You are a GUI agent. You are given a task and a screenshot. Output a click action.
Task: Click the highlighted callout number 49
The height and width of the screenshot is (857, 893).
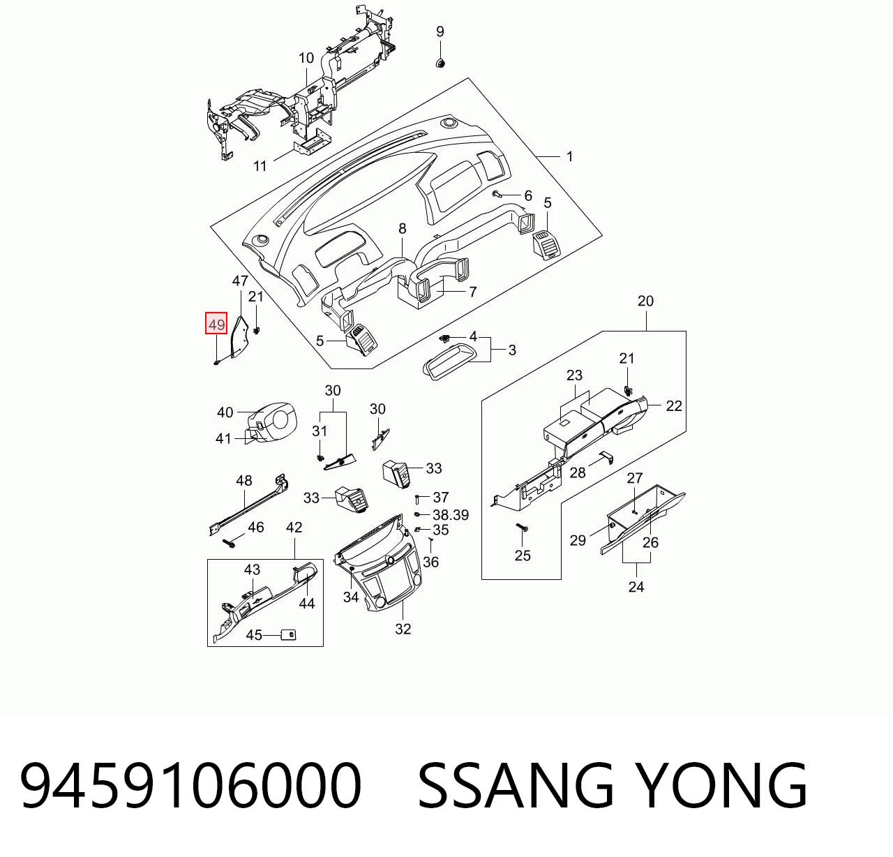[x=216, y=325]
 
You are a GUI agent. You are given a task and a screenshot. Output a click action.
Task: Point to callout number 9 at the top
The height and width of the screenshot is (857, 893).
[x=440, y=31]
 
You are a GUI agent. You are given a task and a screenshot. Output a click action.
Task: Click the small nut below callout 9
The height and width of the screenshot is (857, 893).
[x=440, y=63]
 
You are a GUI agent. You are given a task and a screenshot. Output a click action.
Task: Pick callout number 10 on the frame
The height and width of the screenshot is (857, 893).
[x=306, y=59]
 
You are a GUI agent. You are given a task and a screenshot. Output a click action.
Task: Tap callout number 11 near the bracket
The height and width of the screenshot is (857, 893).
[x=260, y=165]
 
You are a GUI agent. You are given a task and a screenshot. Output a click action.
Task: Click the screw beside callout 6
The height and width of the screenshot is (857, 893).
[x=497, y=195]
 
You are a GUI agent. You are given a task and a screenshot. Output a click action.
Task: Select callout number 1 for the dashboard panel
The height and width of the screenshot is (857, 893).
[x=569, y=156]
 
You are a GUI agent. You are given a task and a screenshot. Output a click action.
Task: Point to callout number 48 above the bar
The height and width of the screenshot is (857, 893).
[x=244, y=481]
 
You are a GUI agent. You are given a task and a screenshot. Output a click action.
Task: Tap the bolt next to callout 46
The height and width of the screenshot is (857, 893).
[x=230, y=544]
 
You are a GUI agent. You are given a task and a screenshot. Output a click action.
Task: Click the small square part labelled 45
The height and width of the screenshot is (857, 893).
[x=288, y=634]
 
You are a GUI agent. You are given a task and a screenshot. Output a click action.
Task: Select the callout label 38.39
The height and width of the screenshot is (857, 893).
[x=451, y=514]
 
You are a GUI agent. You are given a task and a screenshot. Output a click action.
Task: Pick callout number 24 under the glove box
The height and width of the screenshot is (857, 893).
[x=636, y=587]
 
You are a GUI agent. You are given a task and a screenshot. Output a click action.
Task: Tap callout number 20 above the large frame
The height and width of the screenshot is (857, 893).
[x=645, y=301]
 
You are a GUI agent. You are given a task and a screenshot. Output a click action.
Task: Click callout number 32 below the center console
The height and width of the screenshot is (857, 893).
[x=403, y=629]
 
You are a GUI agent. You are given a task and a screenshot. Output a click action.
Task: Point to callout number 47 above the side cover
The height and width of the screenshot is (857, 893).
[x=240, y=281]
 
